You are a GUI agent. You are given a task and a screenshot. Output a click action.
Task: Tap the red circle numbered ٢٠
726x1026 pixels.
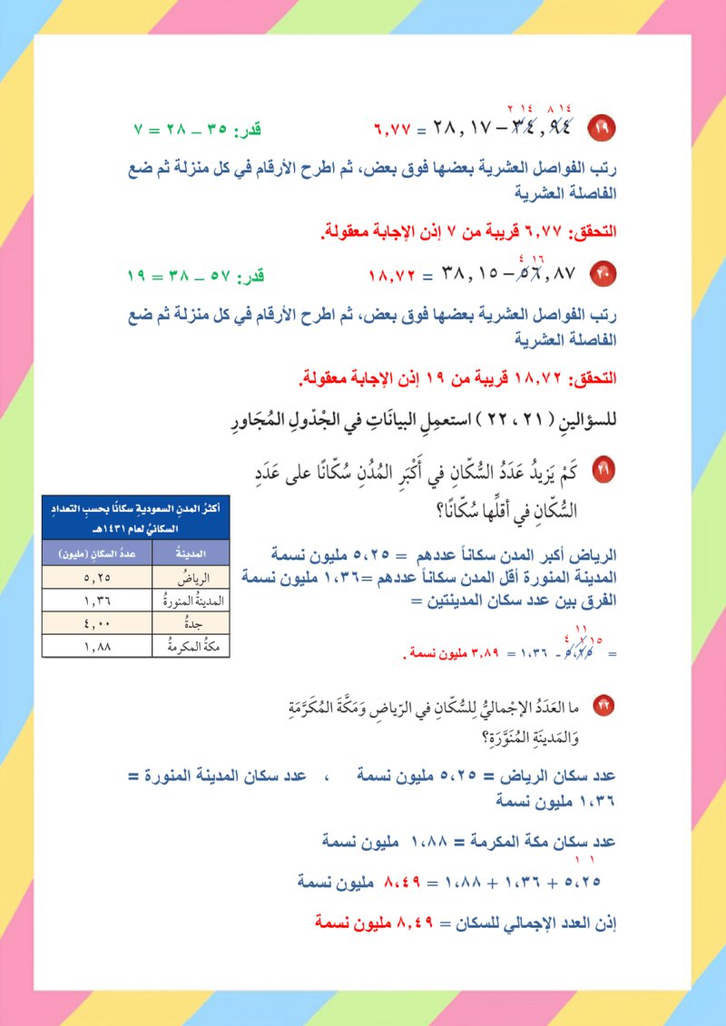[602, 271]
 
